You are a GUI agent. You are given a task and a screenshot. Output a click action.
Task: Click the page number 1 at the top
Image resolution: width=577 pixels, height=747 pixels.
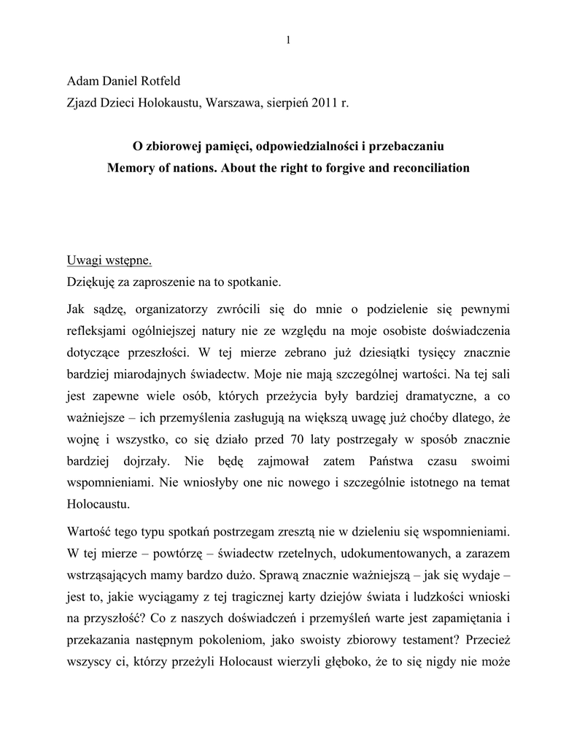[289, 39]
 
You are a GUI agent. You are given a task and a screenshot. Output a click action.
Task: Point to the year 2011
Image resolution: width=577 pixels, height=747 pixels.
[326, 104]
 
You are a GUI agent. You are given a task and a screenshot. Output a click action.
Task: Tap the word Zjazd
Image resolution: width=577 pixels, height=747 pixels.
[82, 104]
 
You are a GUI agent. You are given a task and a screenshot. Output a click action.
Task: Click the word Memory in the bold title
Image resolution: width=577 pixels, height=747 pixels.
[133, 168]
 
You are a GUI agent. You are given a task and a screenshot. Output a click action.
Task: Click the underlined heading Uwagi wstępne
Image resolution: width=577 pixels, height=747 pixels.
[109, 260]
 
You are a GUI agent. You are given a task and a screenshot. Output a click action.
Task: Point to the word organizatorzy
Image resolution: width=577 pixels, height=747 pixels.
[172, 309]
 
